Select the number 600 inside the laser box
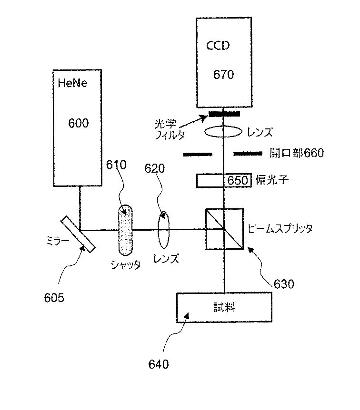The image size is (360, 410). click(79, 123)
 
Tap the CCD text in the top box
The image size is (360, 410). click(218, 46)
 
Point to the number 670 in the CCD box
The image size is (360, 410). click(223, 75)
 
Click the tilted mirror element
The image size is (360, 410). click(78, 232)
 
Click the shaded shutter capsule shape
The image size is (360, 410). click(125, 230)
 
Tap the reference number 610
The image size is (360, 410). click(117, 165)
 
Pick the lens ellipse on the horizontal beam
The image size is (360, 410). click(163, 230)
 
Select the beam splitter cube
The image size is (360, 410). click(224, 228)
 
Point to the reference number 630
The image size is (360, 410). click(284, 284)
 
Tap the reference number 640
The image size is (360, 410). click(158, 365)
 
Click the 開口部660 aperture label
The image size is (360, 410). click(296, 153)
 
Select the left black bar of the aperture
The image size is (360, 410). click(197, 154)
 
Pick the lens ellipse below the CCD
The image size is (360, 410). click(222, 132)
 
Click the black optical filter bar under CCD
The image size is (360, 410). click(224, 114)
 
